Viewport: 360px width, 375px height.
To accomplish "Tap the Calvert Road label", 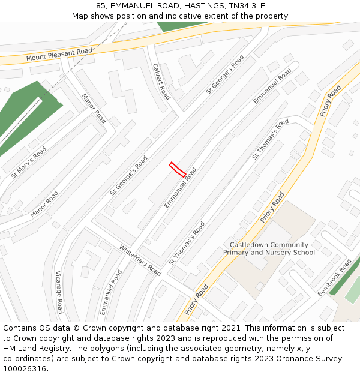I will click(161, 82).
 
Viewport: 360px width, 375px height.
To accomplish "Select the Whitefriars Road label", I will click(140, 260).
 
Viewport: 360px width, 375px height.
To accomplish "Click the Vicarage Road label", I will click(59, 292).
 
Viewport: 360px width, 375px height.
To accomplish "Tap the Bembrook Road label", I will click(334, 277).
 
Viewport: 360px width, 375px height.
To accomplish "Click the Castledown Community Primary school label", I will click(269, 248).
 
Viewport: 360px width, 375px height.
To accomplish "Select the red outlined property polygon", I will click(177, 169).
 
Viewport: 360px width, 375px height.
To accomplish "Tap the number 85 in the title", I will click(100, 6).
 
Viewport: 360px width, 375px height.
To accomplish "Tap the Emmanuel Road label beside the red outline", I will click(180, 188).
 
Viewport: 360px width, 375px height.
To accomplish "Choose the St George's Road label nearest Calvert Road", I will click(224, 75).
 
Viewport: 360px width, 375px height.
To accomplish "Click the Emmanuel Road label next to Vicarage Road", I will click(111, 292).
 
